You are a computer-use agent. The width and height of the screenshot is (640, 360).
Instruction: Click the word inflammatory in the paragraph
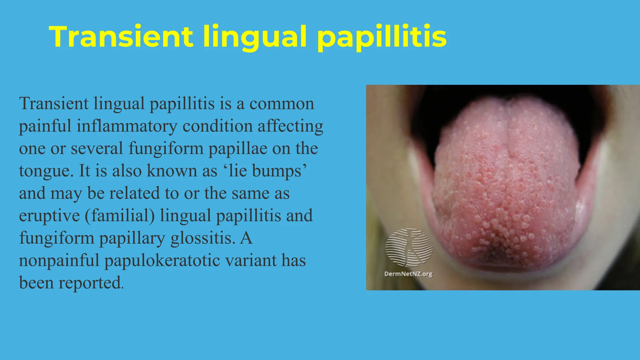click(x=127, y=126)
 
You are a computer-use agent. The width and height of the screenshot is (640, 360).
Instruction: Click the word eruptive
click(x=49, y=216)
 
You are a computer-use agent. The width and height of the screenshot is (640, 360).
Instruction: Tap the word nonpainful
click(x=59, y=261)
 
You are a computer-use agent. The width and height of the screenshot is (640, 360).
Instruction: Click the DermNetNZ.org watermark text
click(x=408, y=274)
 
